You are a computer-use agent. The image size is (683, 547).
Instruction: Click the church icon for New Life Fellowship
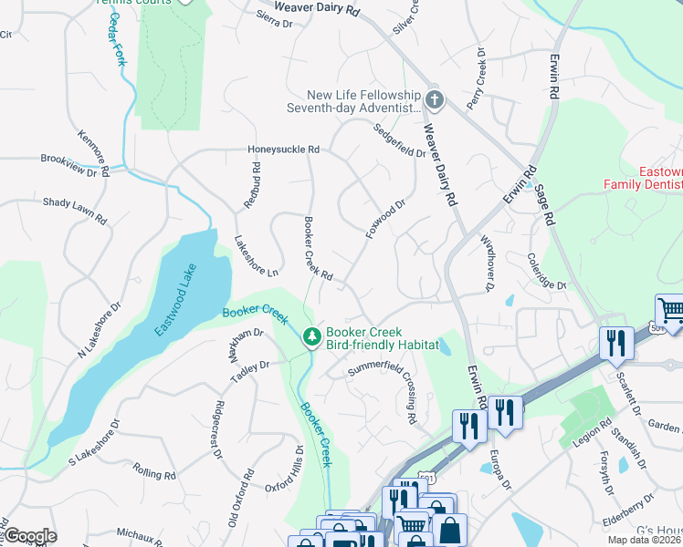click(434, 99)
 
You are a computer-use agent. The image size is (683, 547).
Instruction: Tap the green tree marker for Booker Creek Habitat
click(312, 337)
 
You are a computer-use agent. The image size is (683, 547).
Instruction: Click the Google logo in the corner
click(29, 536)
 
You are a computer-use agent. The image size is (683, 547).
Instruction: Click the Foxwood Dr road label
click(384, 221)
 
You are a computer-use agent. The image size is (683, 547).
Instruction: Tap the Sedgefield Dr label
click(400, 140)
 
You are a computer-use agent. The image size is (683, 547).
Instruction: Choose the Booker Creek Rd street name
click(317, 247)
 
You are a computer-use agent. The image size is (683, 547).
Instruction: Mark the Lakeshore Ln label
click(256, 257)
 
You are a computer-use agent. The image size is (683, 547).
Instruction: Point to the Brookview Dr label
click(76, 164)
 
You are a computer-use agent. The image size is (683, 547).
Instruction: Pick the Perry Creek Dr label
click(477, 81)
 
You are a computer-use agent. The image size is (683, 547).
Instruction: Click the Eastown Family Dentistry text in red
click(644, 178)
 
